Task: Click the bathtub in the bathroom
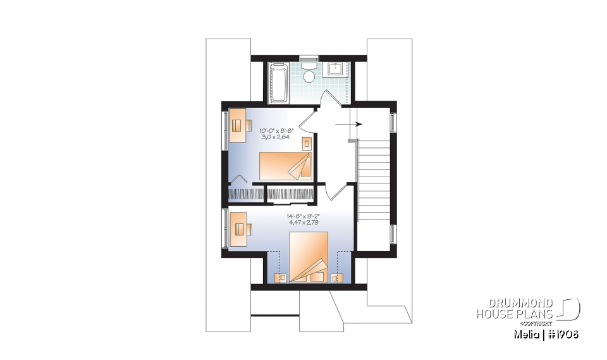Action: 278,82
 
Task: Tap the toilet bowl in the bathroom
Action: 309,76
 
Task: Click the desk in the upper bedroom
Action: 237,125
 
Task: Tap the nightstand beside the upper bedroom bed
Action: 307,143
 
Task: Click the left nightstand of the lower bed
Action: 282,276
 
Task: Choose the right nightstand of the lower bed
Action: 335,276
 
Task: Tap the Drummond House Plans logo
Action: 528,308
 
